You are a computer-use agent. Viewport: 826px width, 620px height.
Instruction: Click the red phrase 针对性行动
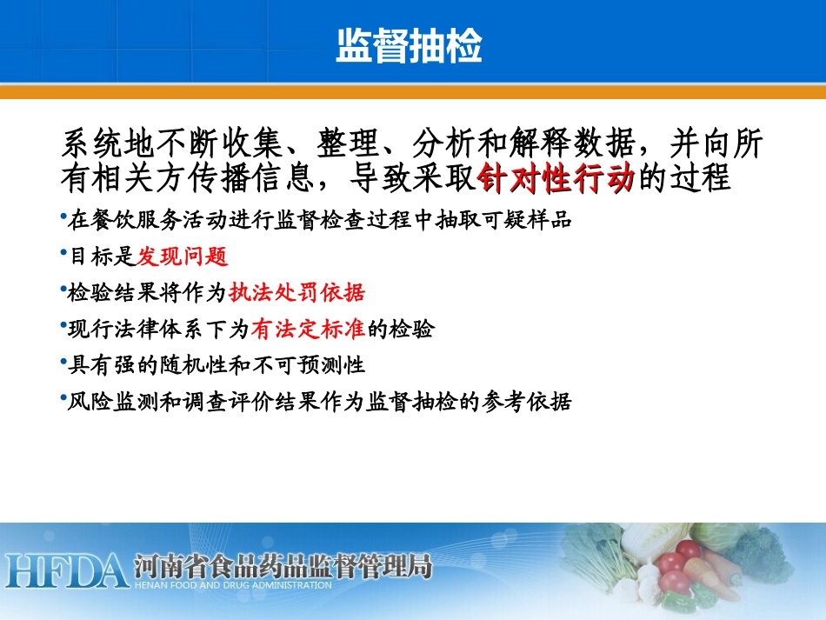click(556, 179)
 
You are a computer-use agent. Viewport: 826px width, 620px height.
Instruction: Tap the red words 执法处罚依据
click(296, 292)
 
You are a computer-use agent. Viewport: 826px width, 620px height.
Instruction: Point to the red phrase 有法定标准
click(308, 329)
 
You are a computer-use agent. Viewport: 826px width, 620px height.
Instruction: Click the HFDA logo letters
click(66, 570)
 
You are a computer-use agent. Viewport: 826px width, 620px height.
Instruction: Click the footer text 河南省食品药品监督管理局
click(283, 567)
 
